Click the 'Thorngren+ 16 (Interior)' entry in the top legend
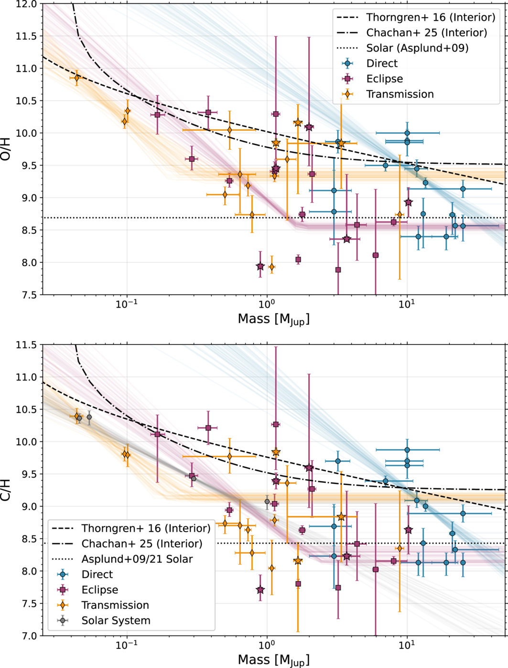(431, 18)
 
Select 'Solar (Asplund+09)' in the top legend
(417, 48)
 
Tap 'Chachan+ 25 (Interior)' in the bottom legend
(142, 544)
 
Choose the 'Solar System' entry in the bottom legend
(116, 621)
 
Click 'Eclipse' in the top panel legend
(384, 79)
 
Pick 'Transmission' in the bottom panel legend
(115, 605)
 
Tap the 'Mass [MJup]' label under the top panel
(273, 319)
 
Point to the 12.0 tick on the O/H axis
(27, 4)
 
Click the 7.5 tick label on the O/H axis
(29, 295)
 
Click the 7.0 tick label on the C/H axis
(29, 636)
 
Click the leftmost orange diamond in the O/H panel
(77, 78)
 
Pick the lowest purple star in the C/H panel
(260, 590)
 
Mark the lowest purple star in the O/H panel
(260, 267)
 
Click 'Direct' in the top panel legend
(382, 63)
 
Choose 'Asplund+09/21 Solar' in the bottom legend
(137, 559)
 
